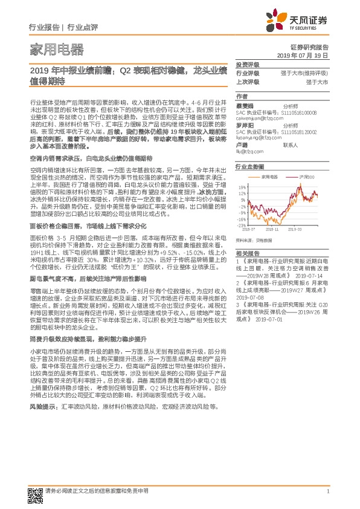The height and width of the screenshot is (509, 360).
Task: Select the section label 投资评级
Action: pos(246,64)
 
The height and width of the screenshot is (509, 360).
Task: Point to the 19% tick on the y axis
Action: pos(242,186)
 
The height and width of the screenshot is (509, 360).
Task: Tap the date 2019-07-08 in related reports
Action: pos(251,297)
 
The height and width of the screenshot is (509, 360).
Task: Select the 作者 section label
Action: pos(242,96)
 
